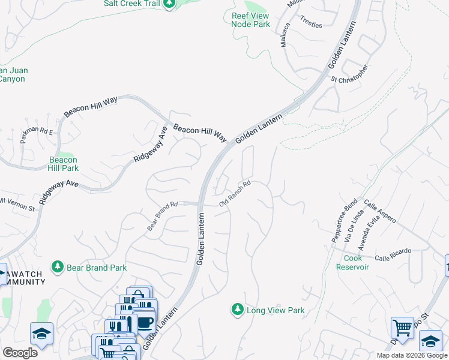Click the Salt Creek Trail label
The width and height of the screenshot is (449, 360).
tap(130, 4)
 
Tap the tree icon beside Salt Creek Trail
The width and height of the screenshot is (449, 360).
tap(170, 4)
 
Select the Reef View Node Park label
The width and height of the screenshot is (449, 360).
tap(250, 20)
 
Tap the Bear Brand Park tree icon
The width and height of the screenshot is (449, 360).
tap(58, 266)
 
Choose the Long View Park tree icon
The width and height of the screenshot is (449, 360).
tap(237, 310)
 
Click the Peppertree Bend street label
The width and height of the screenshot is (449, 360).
tap(344, 220)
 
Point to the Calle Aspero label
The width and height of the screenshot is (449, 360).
tap(379, 212)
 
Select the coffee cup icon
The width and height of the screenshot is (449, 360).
tap(145, 322)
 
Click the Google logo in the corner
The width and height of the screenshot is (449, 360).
tap(20, 353)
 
